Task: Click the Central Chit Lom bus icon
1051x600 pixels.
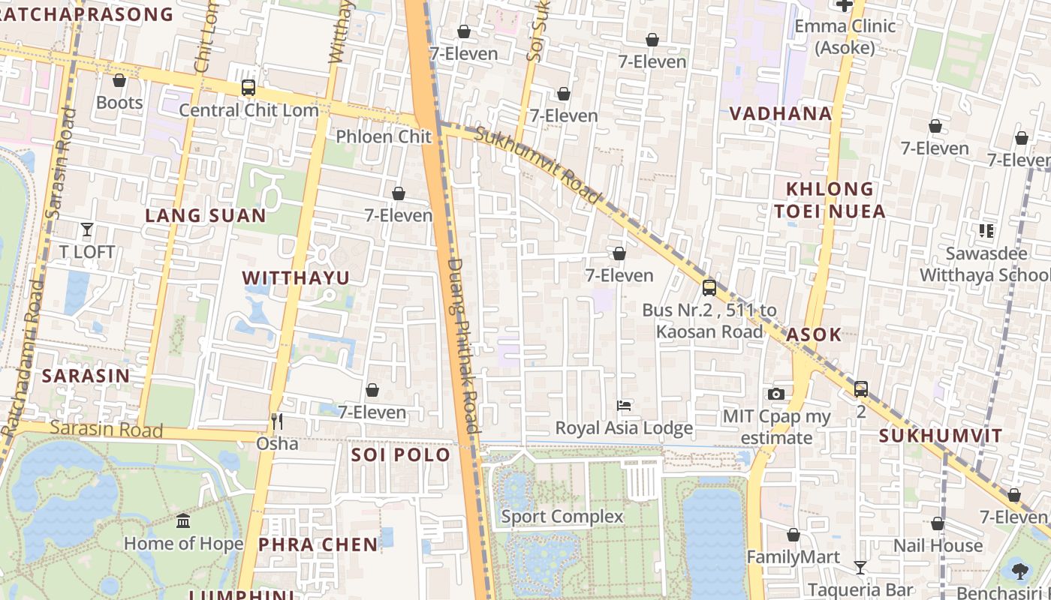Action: coord(248,88)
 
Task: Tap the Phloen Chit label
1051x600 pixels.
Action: coord(384,136)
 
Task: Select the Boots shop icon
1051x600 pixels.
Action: coord(119,80)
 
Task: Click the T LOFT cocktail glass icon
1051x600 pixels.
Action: coord(87,229)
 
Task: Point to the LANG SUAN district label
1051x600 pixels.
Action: coord(205,216)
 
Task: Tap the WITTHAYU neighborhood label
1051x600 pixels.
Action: coord(296,278)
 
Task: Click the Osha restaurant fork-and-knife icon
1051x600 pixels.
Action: coord(277,421)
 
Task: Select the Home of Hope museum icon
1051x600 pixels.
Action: coord(183,520)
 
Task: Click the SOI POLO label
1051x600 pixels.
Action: coord(401,455)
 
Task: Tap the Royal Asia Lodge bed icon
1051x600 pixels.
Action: coord(624,406)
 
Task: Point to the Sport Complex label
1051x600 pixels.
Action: coord(562,517)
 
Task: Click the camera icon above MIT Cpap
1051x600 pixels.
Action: coord(776,394)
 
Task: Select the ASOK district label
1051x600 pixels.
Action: coord(814,334)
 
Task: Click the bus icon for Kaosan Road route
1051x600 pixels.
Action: coord(709,287)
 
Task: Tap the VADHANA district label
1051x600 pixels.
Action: coord(781,114)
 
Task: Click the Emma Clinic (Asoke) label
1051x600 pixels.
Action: coord(845,37)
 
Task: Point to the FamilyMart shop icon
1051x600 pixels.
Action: coord(794,535)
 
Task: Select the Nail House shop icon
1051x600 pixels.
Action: coord(938,523)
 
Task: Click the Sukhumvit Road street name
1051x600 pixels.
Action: coord(538,165)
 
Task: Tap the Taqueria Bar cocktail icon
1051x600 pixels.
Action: coord(860,568)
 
